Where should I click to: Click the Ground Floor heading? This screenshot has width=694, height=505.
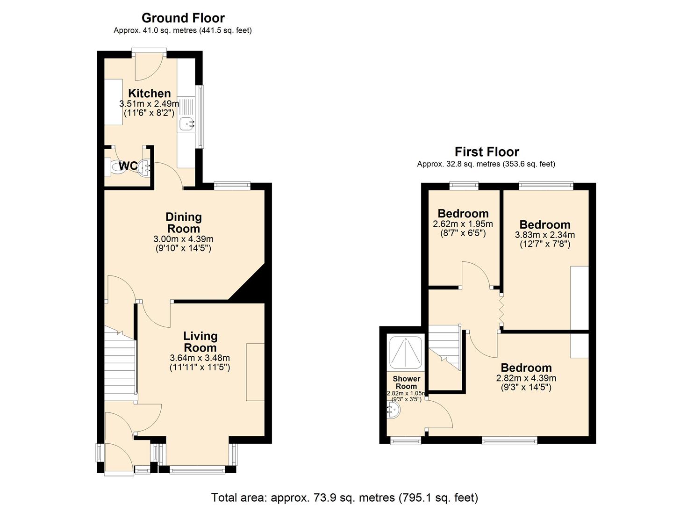pyautogui.click(x=183, y=18)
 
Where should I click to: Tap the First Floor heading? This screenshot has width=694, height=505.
pyautogui.click(x=487, y=152)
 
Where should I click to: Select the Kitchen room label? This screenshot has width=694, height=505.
pyautogui.click(x=150, y=93)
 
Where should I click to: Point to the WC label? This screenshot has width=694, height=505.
pyautogui.click(x=128, y=166)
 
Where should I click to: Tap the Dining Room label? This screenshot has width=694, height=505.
pyautogui.click(x=184, y=223)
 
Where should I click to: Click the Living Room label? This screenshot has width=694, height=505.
pyautogui.click(x=200, y=342)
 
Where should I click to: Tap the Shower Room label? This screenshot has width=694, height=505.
pyautogui.click(x=406, y=382)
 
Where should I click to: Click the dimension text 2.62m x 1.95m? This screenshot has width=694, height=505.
pyautogui.click(x=463, y=224)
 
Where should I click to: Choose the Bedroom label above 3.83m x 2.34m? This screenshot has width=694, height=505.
pyautogui.click(x=545, y=224)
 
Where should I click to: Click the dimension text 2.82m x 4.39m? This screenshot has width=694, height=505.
pyautogui.click(x=526, y=378)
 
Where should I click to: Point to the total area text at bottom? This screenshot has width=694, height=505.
pyautogui.click(x=344, y=497)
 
